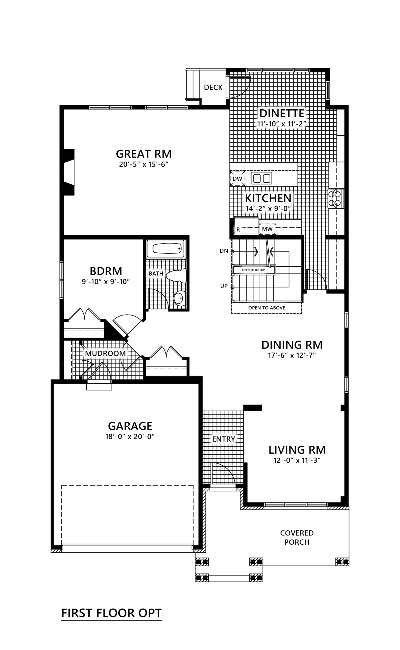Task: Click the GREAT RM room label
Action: [x=144, y=154]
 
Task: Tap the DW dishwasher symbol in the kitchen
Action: [x=237, y=178]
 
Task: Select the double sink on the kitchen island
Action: [x=262, y=178]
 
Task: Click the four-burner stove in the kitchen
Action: [x=336, y=198]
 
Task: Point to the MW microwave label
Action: [x=267, y=229]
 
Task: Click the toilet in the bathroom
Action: [x=176, y=276]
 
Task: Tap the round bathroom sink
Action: [x=179, y=298]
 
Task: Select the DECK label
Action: [x=213, y=87]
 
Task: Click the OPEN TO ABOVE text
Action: [x=267, y=308]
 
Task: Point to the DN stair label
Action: [x=224, y=251]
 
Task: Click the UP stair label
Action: [x=224, y=286]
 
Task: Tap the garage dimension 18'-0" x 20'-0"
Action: [x=130, y=436]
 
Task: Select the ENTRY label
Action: [x=223, y=439]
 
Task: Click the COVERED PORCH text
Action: [x=297, y=537]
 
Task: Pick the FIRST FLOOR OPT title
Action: [x=111, y=613]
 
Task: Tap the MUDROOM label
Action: [x=105, y=353]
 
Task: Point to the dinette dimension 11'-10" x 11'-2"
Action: [x=281, y=124]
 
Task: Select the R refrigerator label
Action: [x=238, y=230]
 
